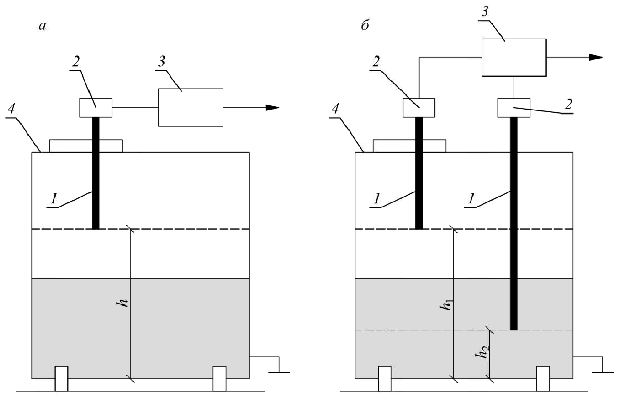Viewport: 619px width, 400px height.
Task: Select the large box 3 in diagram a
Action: coord(190,107)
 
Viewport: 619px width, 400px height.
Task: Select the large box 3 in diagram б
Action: coord(513,58)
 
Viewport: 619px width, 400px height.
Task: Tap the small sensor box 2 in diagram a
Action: coord(96,107)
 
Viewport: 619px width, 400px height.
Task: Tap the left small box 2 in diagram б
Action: coord(418,107)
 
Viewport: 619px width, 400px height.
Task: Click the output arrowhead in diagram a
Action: coord(272,108)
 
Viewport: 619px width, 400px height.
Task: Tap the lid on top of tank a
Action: coord(86,146)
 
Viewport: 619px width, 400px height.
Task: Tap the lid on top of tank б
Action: coord(409,146)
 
